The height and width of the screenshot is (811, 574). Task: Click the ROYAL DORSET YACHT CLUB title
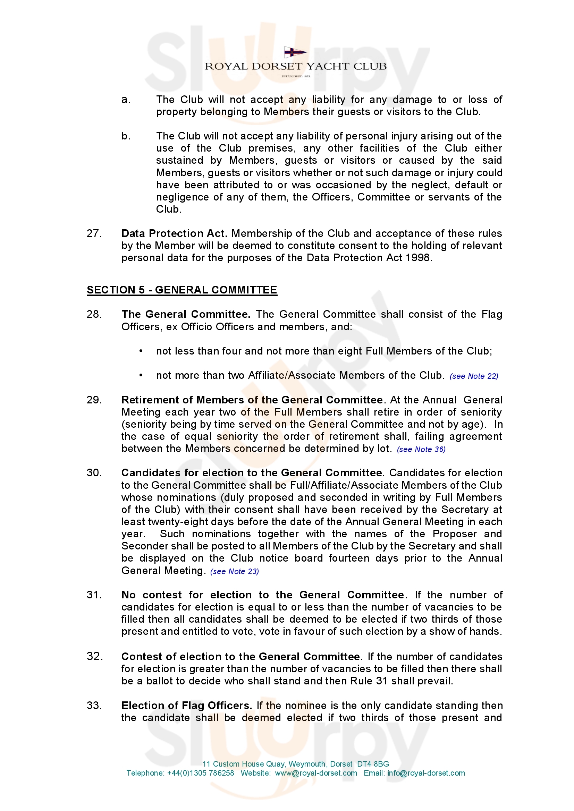pos(295,66)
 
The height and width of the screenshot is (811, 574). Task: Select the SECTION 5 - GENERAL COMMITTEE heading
pos(182,290)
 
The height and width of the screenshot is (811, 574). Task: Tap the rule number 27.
pos(94,233)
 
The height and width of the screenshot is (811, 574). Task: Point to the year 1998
pos(418,258)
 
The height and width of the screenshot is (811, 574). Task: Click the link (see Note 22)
pos(474,376)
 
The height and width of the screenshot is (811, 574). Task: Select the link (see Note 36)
pos(421,449)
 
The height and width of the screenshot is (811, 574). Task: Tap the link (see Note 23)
pos(234,572)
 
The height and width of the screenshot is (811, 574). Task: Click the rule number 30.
pos(94,473)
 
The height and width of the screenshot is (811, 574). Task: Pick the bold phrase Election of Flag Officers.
pos(186,706)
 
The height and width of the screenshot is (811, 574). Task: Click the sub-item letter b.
pos(126,136)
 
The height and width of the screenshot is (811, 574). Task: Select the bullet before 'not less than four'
pos(141,351)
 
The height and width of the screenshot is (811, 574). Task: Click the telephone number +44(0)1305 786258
pos(200,773)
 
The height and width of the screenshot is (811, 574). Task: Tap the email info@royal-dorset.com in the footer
pos(426,773)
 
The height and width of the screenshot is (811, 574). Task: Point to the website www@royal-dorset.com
pos(316,773)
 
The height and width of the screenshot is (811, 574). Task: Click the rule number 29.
pos(94,400)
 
